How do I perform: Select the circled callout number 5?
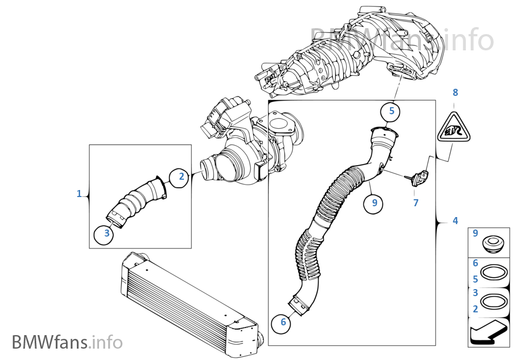pos(391,112)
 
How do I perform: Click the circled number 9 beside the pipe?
pos(374,204)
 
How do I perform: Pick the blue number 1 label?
pos(80,193)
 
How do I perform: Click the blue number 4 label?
pos(455,220)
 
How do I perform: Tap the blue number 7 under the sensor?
pos(416,203)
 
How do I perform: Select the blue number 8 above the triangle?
pos(455,93)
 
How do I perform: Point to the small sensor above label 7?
pos(419,176)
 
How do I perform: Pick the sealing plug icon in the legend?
pos(492,243)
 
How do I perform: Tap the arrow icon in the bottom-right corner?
pos(489,332)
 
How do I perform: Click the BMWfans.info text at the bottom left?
pos(67,342)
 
